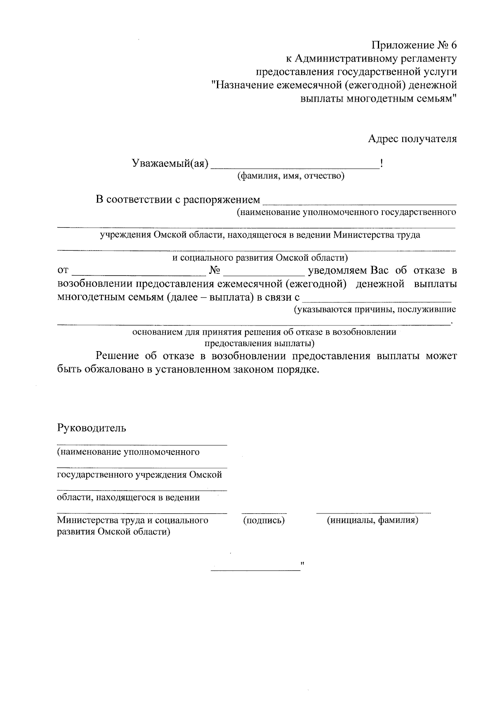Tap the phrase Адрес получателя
412,139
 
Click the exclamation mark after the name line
382,164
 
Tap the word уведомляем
337,271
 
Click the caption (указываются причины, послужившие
375,309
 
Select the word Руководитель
91,428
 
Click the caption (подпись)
264,520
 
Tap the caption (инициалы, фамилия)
372,520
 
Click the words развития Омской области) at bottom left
113,532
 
